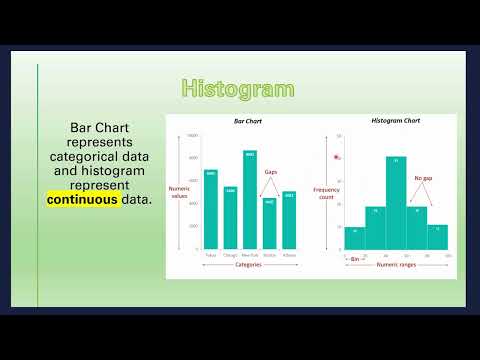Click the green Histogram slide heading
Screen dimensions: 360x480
pos(238,88)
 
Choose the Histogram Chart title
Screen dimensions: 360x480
pos(396,121)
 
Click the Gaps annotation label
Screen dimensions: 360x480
pos(270,172)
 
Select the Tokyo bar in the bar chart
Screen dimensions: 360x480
pos(211,210)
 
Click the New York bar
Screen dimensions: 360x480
pos(250,200)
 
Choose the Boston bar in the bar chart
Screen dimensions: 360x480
pos(269,224)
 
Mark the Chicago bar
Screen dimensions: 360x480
pos(230,218)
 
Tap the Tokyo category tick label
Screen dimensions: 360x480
pos(211,255)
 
